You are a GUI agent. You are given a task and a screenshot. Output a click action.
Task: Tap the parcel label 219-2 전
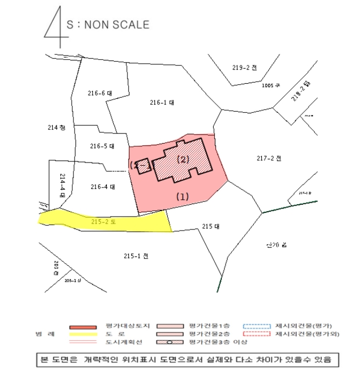(244, 67)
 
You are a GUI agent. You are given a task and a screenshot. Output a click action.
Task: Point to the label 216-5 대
(102, 146)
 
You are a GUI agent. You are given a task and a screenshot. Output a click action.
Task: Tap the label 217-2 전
(269, 158)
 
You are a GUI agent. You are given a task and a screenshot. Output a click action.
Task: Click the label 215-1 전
(135, 255)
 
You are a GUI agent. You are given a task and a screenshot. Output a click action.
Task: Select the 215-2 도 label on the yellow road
(104, 221)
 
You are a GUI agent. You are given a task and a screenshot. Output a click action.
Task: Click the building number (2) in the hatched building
(184, 159)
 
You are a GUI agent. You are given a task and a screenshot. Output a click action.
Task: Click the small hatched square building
(142, 166)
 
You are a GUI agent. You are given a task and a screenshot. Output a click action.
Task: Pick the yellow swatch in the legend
(83, 335)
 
